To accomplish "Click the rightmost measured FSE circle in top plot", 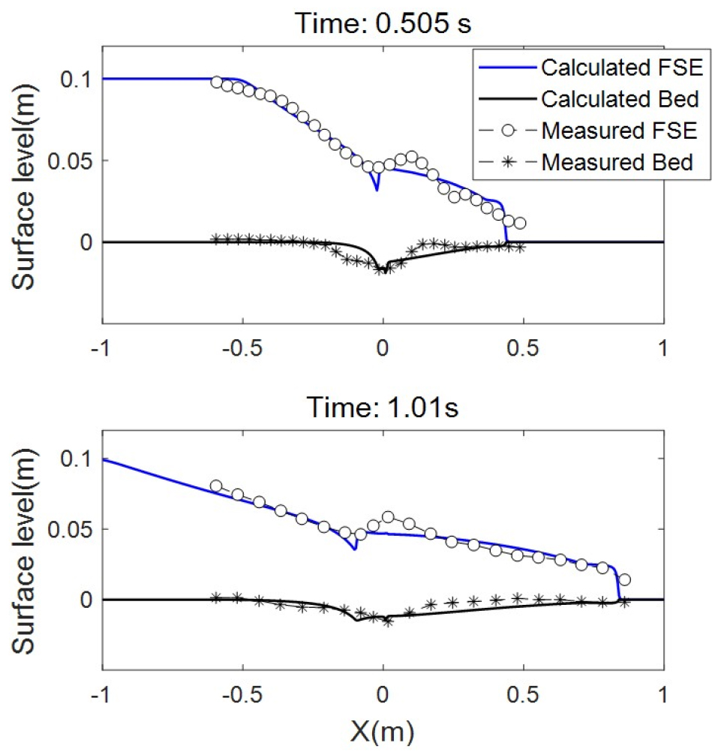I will (520, 223).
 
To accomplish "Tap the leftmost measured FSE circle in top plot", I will (216, 82).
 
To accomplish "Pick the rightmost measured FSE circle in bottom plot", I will (624, 579).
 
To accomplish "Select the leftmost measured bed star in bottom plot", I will (216, 597).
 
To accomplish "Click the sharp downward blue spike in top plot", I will (377, 189).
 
